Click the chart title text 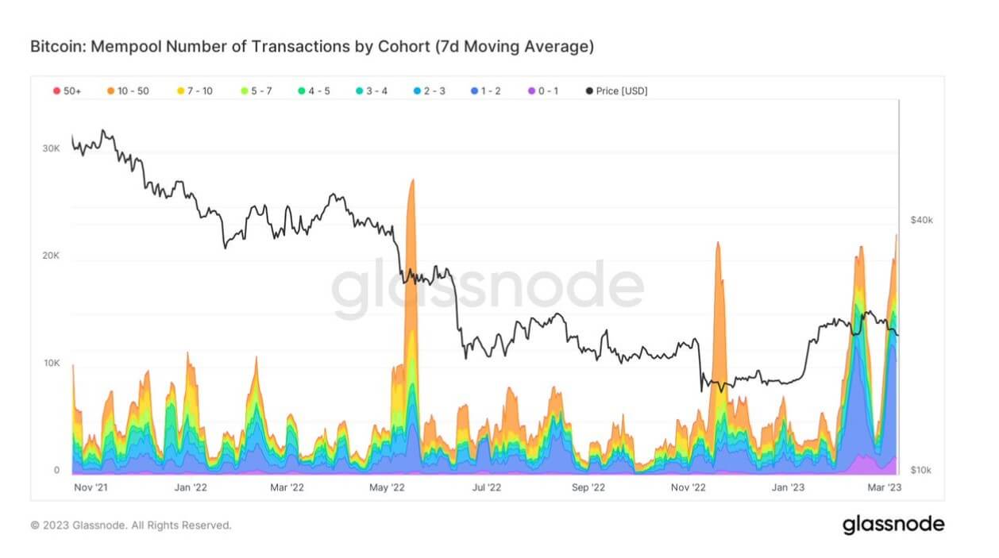(311, 47)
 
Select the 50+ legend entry (67, 91)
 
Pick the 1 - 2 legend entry (492, 91)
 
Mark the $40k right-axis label (921, 220)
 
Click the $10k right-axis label (921, 470)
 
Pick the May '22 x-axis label (388, 487)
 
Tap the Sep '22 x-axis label (588, 487)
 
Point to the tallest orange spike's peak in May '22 (412, 181)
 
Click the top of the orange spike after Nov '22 (718, 243)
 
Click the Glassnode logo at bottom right (893, 525)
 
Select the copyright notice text (131, 525)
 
